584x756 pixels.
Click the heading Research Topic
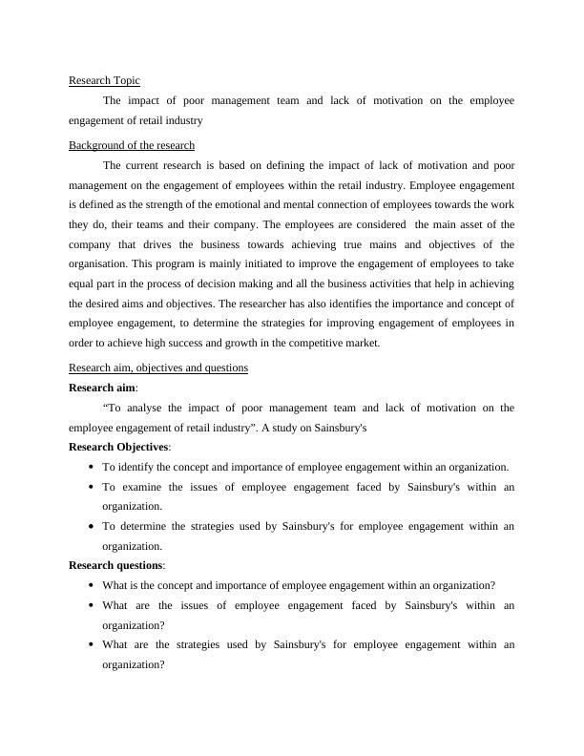coord(105,81)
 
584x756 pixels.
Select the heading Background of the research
coord(132,145)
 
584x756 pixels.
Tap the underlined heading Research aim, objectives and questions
coord(158,367)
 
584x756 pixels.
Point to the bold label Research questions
coord(116,566)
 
